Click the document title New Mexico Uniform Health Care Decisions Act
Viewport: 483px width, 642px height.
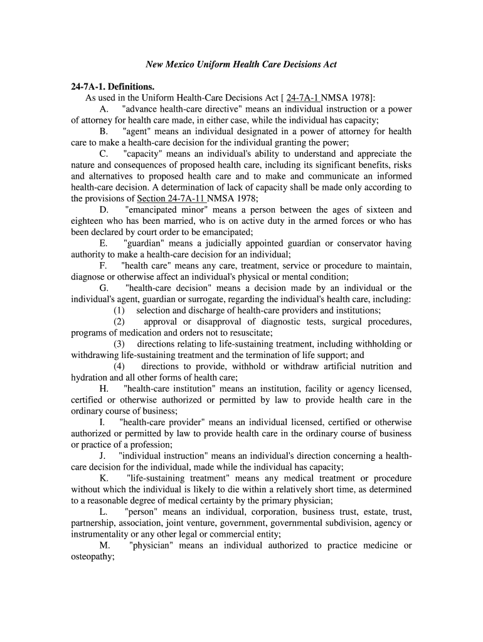[242, 65]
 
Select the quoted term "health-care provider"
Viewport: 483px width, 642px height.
[162, 423]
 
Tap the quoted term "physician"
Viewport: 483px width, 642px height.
[151, 545]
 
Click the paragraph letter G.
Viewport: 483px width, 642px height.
[103, 288]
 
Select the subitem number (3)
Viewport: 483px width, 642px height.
[119, 344]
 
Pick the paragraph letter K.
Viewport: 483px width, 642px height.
[103, 478]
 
